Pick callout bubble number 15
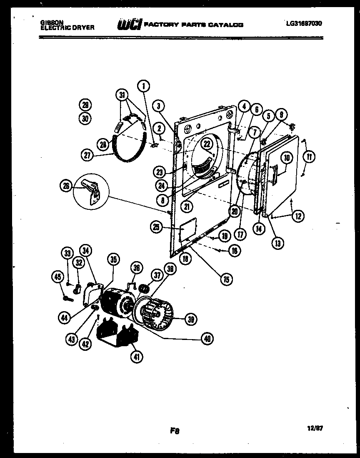(226, 279)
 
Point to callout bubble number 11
(309, 157)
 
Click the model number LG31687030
(304, 24)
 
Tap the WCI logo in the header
(129, 25)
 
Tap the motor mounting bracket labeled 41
(117, 334)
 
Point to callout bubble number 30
(85, 118)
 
